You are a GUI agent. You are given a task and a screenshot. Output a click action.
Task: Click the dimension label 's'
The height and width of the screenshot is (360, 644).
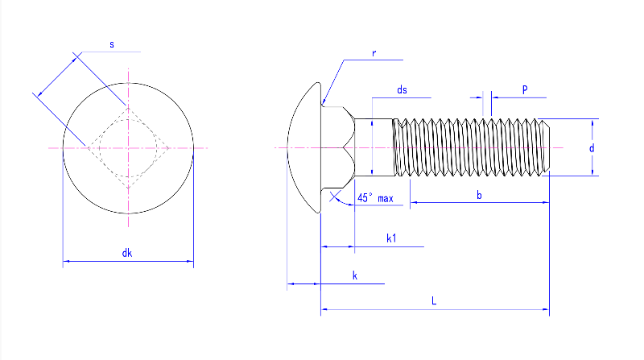pos(112,45)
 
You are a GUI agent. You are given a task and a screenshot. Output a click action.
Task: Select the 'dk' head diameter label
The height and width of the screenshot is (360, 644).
pos(127,254)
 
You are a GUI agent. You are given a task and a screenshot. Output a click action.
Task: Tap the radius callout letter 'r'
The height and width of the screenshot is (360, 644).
pos(374,53)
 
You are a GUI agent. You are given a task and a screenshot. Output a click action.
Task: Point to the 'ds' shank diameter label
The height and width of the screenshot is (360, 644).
pos(401,91)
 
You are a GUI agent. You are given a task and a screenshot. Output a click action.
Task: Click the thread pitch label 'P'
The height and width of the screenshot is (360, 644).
pos(524,91)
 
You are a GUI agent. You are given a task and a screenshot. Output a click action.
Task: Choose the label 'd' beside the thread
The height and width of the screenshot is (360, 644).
pos(592,148)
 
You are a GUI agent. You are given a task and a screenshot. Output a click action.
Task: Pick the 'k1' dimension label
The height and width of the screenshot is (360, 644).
pos(391,238)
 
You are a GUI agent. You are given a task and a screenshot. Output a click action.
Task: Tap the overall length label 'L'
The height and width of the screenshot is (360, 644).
pos(434,300)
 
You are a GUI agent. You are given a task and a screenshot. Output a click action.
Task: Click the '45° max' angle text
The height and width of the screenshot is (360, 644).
pos(375,198)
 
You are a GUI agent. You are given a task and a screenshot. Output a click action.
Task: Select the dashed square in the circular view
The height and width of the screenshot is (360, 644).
pos(127,147)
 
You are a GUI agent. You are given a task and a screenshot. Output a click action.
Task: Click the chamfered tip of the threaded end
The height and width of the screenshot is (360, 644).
pos(547,147)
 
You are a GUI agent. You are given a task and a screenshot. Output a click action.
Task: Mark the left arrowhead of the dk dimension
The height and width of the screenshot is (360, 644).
pos(66,262)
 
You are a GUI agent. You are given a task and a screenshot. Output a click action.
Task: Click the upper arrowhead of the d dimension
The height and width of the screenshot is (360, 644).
pos(593,123)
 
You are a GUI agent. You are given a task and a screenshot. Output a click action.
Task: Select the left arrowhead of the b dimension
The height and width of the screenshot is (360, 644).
pos(415,203)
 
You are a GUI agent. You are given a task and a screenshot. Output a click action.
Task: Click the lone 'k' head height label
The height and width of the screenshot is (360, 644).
pos(355,275)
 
